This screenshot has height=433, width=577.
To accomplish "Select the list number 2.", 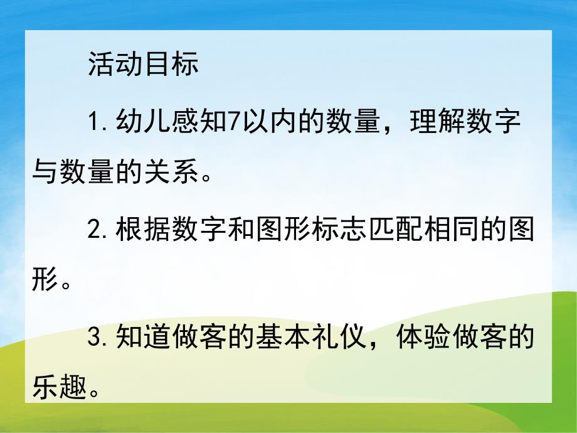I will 95,232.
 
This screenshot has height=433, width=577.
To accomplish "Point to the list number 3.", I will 95,339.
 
